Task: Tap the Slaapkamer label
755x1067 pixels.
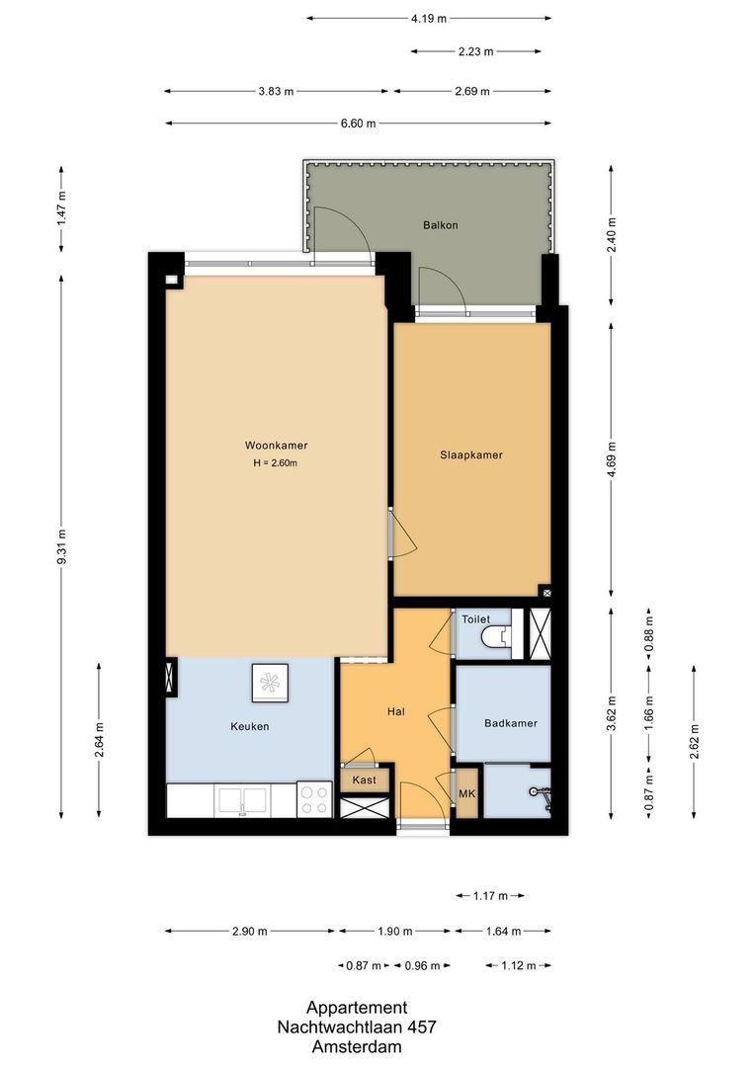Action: (x=471, y=455)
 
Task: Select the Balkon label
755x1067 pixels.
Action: (x=440, y=225)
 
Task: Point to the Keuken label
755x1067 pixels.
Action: (x=249, y=726)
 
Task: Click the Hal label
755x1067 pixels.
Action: (x=397, y=710)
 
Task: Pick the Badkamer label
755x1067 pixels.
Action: (x=511, y=723)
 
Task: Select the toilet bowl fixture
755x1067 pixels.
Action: (x=496, y=637)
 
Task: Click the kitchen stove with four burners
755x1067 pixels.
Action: (x=315, y=798)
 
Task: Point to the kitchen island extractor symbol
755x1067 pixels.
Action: (x=268, y=680)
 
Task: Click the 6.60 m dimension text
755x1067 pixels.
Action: (x=358, y=123)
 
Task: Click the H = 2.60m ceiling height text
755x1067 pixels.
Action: (x=275, y=462)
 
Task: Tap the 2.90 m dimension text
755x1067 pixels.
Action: (x=251, y=931)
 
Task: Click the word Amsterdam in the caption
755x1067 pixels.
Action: (x=356, y=1046)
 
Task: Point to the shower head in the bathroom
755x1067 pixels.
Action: (x=538, y=791)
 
